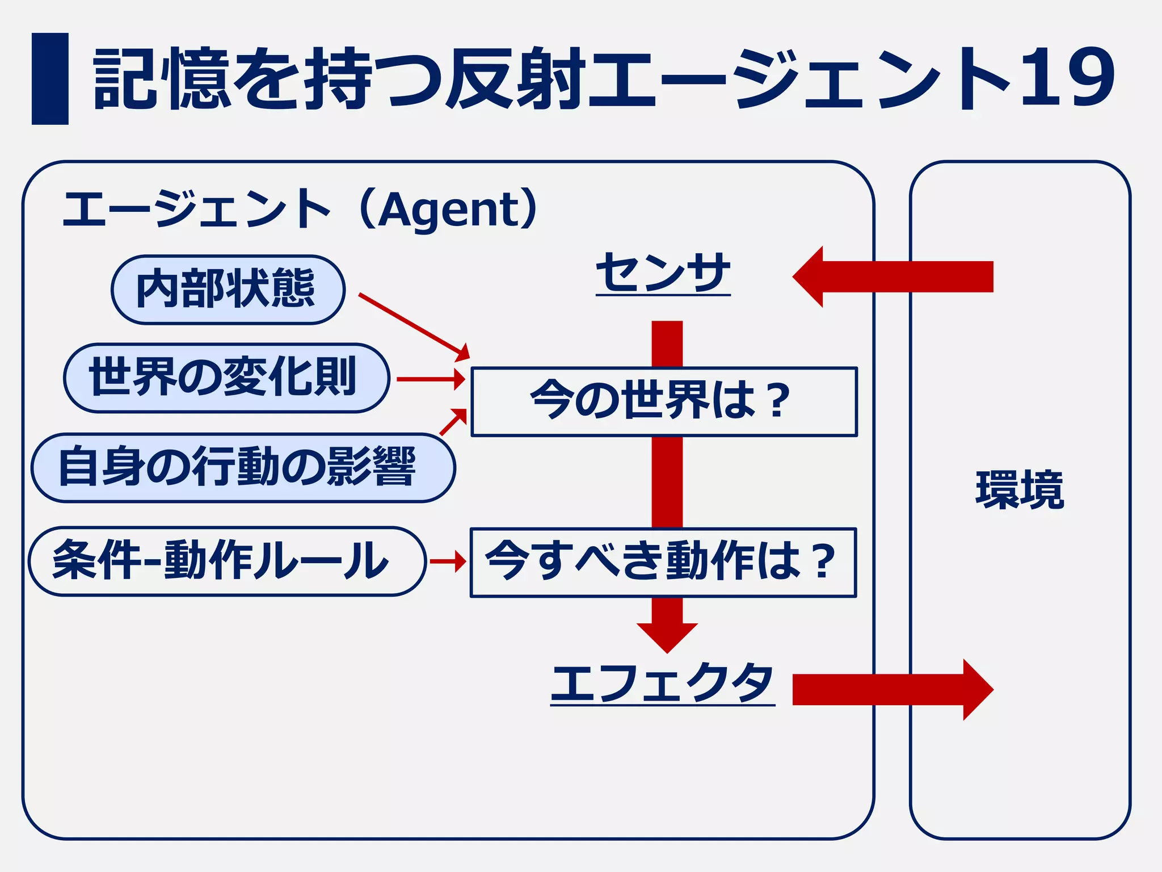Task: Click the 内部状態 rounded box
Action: tap(228, 290)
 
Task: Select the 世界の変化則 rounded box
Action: tap(226, 378)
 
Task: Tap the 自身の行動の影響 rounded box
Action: tap(243, 467)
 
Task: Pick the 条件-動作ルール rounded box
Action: tap(226, 561)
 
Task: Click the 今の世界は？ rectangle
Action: tap(663, 401)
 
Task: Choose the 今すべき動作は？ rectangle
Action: tap(663, 562)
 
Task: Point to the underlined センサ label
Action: tap(663, 273)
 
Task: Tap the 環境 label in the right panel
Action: tap(1020, 489)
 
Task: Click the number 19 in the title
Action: tap(1067, 78)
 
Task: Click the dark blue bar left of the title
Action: tap(50, 78)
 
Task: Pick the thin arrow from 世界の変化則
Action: tap(431, 379)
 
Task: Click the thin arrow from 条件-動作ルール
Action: tap(448, 561)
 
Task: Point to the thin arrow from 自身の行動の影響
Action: tap(453, 422)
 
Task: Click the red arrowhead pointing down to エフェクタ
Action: tap(667, 636)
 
